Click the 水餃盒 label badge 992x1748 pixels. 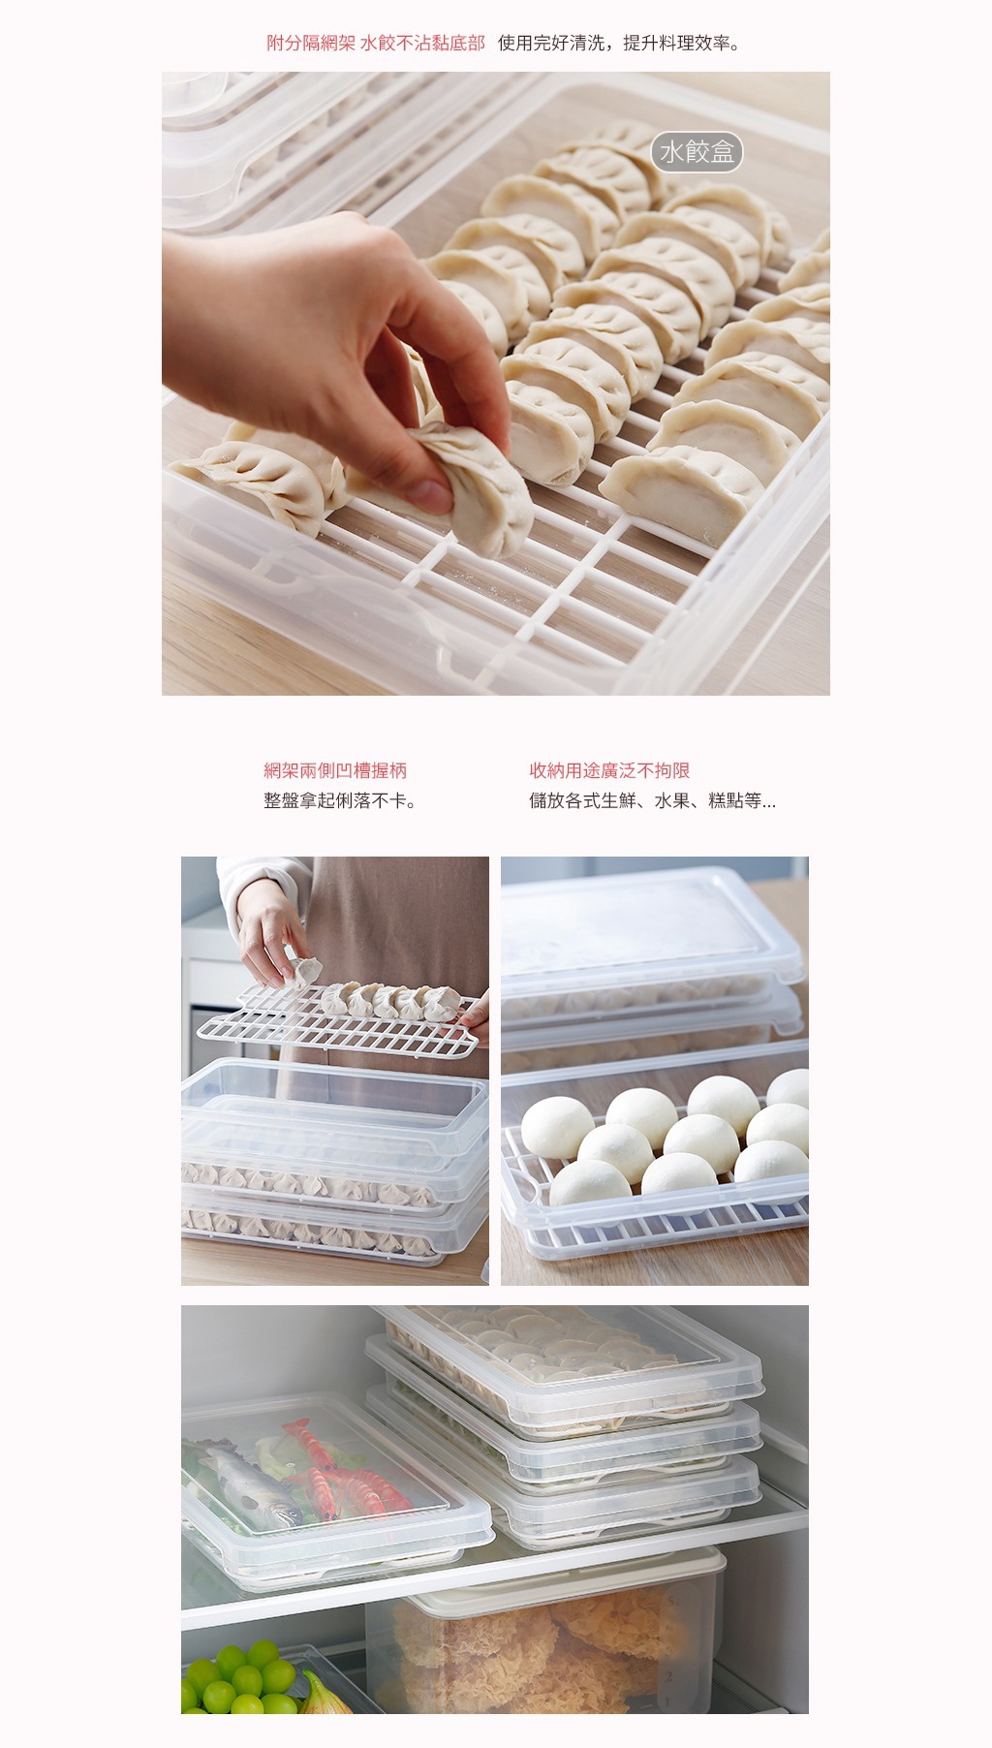click(697, 152)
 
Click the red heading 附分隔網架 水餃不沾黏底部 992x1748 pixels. click(376, 43)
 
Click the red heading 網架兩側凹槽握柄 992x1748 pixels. click(335, 770)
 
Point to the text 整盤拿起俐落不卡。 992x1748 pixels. click(341, 800)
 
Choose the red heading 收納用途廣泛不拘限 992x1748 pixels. click(609, 770)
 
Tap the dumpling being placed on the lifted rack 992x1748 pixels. click(306, 971)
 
